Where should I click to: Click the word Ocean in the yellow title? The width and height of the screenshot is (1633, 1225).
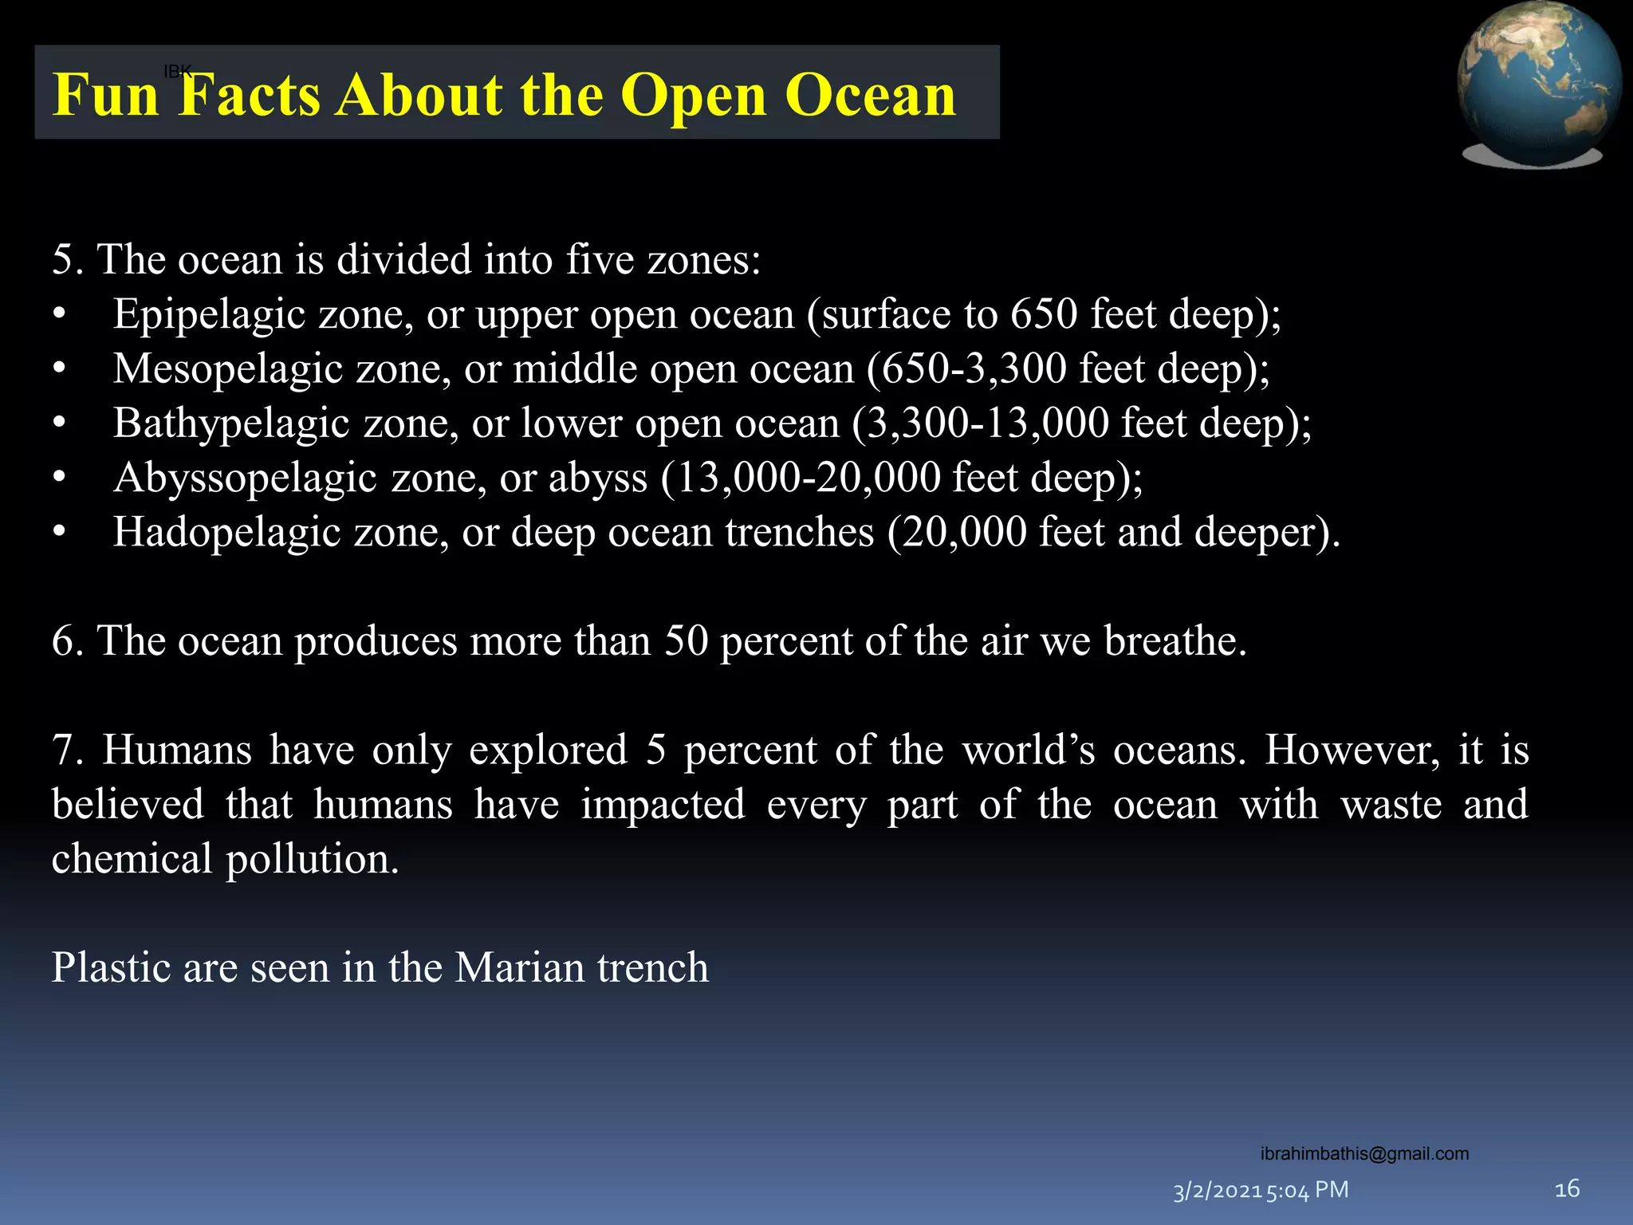(870, 95)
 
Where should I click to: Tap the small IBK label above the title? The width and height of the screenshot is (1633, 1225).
(177, 72)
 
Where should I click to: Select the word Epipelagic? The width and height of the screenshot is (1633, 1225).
(209, 314)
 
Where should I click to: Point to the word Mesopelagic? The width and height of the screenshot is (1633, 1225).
(227, 369)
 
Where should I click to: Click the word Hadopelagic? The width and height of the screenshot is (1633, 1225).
(226, 532)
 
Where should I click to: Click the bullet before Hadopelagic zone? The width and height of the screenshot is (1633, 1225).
(59, 532)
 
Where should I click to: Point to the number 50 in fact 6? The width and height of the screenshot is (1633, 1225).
(686, 641)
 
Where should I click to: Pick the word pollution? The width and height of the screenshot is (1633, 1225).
(312, 859)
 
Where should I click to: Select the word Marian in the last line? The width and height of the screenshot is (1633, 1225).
(519, 968)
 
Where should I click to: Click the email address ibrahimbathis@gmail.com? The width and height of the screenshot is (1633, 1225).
(1364, 1153)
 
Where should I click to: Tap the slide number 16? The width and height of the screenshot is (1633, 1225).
(1567, 1189)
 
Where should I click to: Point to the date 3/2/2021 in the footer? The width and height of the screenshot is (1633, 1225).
(1218, 1192)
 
